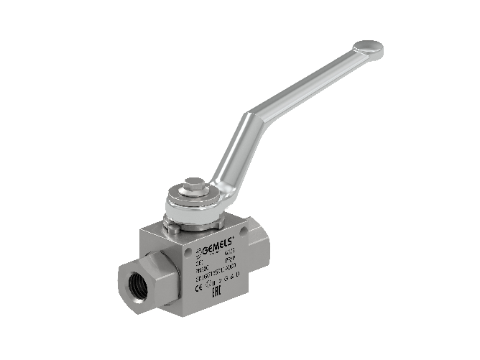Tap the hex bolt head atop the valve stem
[x=192, y=187]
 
